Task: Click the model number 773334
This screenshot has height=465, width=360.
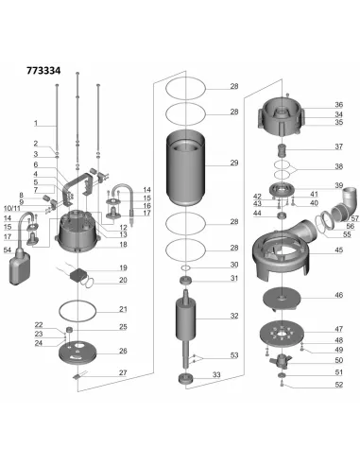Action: [x=43, y=71]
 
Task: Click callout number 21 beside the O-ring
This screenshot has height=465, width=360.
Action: [x=123, y=309]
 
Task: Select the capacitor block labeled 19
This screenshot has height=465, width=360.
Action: [x=77, y=275]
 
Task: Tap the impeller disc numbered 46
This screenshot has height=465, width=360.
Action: [x=282, y=299]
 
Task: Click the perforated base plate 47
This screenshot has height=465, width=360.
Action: [x=282, y=334]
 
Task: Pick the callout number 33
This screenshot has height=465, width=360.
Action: [x=216, y=375]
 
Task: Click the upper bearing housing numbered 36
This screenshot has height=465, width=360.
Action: [x=282, y=115]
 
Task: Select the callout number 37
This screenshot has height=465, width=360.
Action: [x=338, y=146]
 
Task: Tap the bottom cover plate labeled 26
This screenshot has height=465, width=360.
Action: [x=77, y=352]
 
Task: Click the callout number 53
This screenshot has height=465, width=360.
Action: [x=234, y=355]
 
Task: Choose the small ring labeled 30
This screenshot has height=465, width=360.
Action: [x=186, y=267]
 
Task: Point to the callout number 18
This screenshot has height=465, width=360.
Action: [x=123, y=245]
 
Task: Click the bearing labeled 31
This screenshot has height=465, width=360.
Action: [x=186, y=280]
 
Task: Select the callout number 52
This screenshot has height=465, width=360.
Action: [x=338, y=385]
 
